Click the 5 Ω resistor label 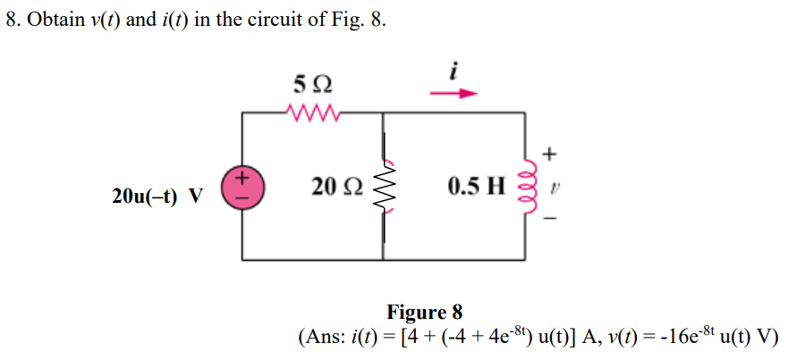pyautogui.click(x=312, y=87)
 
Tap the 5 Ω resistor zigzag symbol pyautogui.click(x=312, y=113)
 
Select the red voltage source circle pyautogui.click(x=242, y=188)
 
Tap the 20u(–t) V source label pyautogui.click(x=157, y=196)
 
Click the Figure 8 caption pyautogui.click(x=424, y=312)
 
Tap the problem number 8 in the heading pyautogui.click(x=11, y=21)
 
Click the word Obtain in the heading pyautogui.click(x=55, y=21)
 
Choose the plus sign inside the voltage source pyautogui.click(x=242, y=179)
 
